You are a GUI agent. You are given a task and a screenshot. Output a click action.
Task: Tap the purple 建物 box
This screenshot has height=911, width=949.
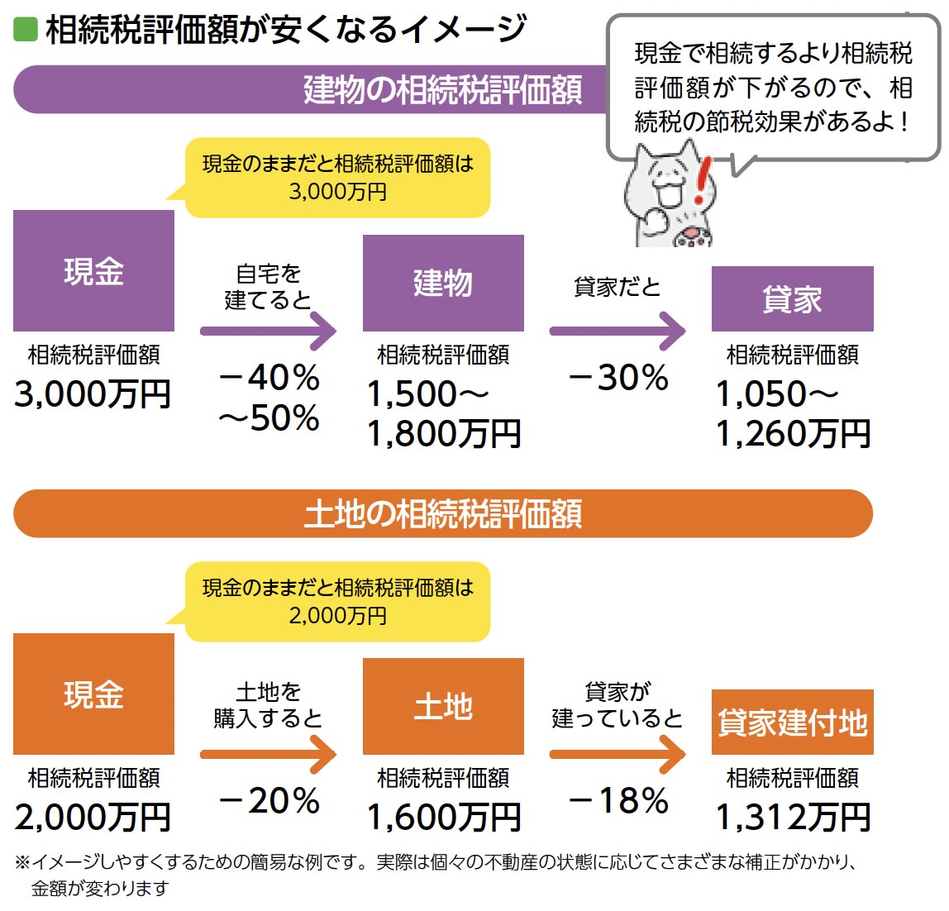[x=443, y=283]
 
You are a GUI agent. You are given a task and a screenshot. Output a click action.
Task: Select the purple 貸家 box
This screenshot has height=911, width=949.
[x=792, y=298]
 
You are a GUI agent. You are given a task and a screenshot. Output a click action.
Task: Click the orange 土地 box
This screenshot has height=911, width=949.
[x=443, y=706]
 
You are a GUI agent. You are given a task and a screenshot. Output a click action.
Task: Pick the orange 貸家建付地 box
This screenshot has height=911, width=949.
[x=792, y=722]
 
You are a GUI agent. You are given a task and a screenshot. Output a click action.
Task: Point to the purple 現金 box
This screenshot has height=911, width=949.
[x=93, y=270]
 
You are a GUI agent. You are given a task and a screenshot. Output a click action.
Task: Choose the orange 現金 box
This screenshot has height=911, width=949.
[x=93, y=694]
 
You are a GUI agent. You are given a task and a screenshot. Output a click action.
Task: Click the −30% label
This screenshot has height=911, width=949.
[x=618, y=378]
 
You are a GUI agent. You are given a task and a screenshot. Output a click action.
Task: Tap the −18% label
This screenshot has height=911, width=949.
[x=618, y=800]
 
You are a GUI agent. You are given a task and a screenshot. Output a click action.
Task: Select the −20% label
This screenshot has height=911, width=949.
[x=269, y=800]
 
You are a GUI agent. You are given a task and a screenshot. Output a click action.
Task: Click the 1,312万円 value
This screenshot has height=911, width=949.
[x=792, y=818]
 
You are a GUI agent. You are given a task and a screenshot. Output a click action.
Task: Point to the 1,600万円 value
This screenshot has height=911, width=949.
[x=443, y=818]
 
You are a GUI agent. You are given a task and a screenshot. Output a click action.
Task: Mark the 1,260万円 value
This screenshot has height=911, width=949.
[x=792, y=434]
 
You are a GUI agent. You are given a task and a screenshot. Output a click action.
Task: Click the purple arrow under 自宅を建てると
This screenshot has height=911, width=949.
[x=269, y=331]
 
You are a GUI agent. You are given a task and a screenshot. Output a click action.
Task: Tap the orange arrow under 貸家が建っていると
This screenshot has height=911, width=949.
[x=618, y=754]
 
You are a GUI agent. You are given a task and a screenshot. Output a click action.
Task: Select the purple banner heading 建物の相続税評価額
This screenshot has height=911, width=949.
[x=443, y=89]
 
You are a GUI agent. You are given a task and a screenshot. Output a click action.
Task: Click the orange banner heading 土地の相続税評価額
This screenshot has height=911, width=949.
[x=443, y=513]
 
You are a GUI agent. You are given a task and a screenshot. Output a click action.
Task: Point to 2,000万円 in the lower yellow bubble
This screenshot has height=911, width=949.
[x=337, y=615]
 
